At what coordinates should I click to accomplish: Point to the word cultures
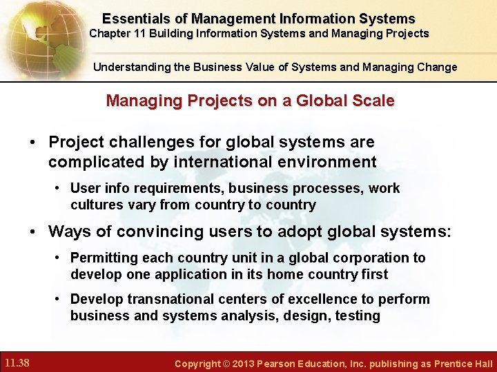[93, 205]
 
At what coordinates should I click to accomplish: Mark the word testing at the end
[358, 316]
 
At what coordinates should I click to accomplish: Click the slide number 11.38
[16, 362]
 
